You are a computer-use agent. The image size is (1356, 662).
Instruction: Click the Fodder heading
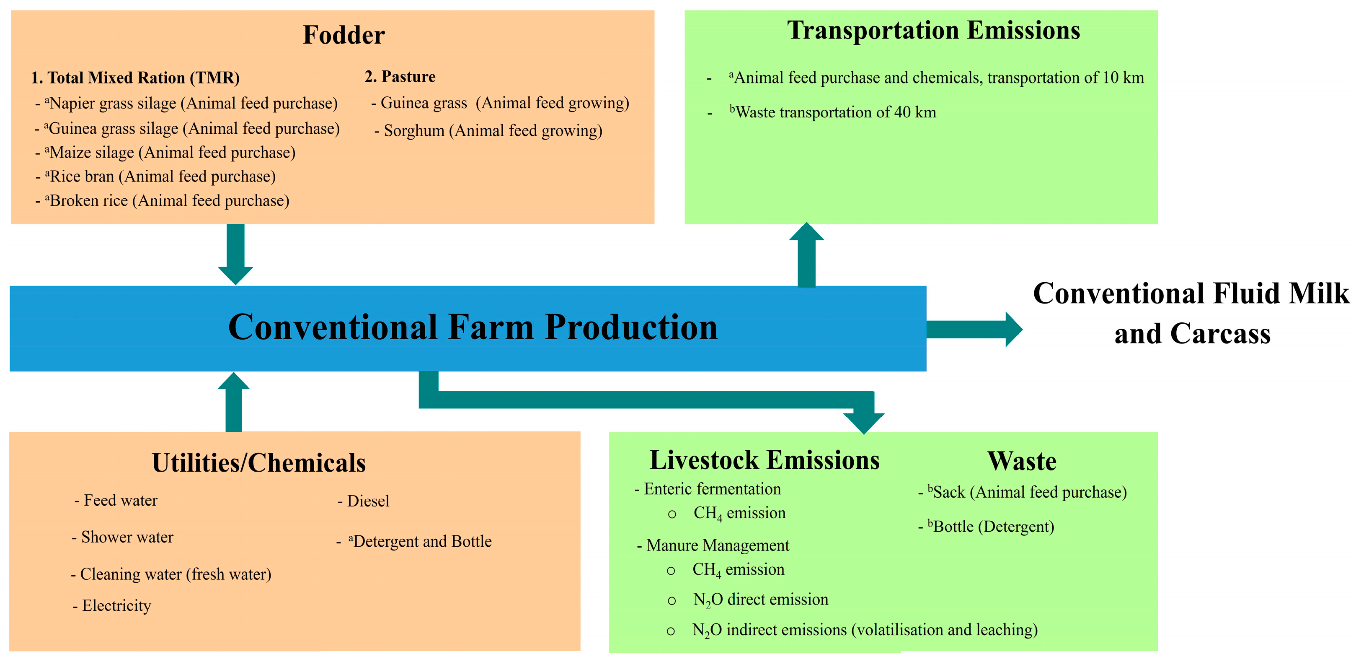click(344, 35)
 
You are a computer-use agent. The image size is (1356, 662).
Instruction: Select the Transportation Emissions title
click(933, 30)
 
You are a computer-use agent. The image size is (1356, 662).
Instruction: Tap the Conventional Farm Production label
click(472, 327)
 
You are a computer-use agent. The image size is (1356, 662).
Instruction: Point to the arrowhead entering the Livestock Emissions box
click(863, 421)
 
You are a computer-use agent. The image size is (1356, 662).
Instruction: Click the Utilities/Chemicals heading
click(258, 463)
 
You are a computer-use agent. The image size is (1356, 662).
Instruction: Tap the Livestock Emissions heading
click(765, 460)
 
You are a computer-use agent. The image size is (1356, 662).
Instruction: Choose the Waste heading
click(1022, 461)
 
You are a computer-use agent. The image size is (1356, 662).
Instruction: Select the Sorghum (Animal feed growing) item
click(488, 131)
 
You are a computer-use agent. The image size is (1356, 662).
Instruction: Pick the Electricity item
click(112, 606)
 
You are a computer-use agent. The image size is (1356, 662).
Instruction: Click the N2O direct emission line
click(760, 600)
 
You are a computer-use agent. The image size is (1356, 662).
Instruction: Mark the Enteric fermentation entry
click(708, 489)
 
